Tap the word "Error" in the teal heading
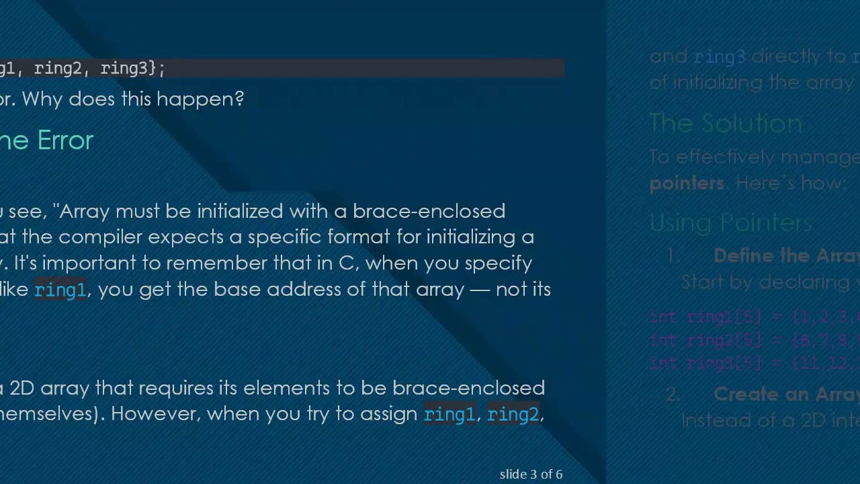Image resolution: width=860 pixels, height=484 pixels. (65, 140)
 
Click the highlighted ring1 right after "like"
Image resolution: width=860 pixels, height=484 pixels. (60, 290)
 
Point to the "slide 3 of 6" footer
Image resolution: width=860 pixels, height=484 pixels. (531, 475)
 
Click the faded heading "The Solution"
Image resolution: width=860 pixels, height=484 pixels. (726, 124)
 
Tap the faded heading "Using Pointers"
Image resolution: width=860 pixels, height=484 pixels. (730, 223)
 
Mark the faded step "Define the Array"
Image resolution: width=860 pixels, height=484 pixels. (786, 255)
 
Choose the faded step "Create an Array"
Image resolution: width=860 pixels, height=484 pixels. (786, 394)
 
